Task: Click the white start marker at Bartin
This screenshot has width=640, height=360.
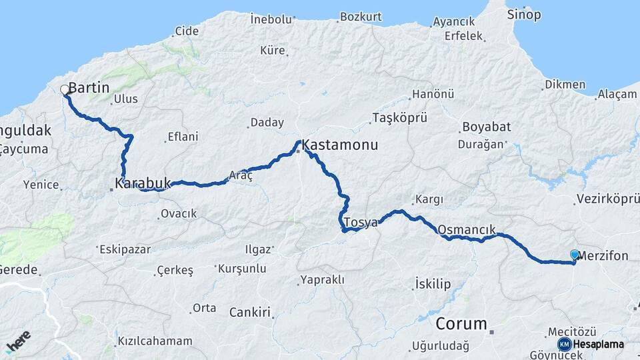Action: click(65, 89)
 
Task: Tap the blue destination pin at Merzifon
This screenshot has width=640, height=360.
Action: click(575, 255)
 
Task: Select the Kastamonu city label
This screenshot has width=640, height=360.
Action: click(339, 145)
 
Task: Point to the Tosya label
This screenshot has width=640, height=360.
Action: click(361, 222)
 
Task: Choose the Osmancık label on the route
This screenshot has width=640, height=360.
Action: click(466, 229)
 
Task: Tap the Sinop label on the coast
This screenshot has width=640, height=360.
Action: click(524, 14)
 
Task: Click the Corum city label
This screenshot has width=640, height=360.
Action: click(461, 324)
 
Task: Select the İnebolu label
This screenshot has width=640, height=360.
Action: click(271, 19)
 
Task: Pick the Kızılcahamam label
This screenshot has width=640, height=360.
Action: click(155, 341)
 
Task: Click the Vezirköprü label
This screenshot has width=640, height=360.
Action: click(607, 199)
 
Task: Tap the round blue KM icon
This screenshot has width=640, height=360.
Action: click(565, 344)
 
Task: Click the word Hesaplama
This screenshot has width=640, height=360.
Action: click(598, 344)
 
